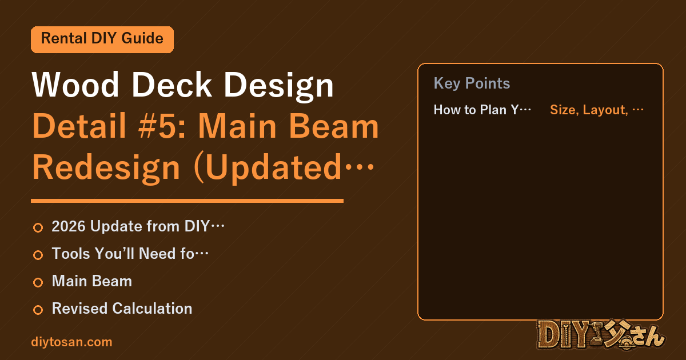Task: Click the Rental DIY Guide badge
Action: coord(102,39)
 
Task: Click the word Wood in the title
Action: coord(75,85)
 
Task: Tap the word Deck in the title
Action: coord(171,84)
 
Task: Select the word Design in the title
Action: coord(279,86)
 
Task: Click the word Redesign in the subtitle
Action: coord(106,168)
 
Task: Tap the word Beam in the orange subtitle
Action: coord(334,126)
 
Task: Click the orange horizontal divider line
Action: coord(187,201)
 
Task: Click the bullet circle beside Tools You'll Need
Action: coord(38,255)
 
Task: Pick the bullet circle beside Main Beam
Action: coord(38,282)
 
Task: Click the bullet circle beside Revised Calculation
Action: coord(38,310)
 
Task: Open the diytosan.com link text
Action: coord(71,342)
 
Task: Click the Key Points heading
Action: coord(472,83)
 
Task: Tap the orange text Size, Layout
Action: coord(589,110)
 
